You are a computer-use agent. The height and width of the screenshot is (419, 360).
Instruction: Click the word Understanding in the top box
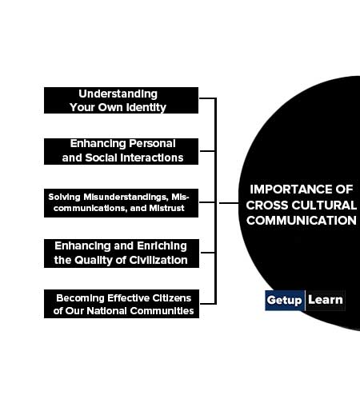click(118, 94)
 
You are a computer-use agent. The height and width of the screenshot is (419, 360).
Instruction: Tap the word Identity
click(146, 107)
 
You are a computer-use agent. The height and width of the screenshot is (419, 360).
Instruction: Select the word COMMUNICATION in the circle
click(302, 221)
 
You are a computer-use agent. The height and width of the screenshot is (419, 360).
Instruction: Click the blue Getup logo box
click(285, 300)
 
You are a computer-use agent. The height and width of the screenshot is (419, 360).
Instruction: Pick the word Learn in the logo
click(326, 300)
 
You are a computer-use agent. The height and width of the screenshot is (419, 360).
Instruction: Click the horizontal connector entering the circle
click(229, 203)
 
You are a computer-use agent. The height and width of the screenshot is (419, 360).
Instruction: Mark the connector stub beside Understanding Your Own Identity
click(207, 98)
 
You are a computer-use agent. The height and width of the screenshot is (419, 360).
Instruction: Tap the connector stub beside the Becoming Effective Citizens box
click(208, 304)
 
